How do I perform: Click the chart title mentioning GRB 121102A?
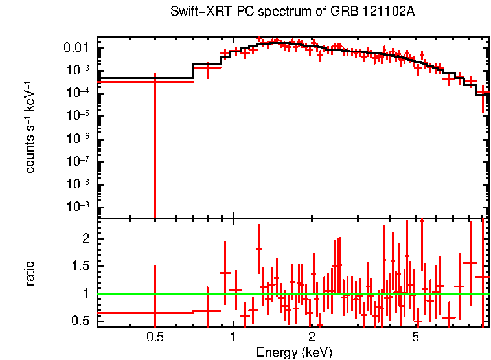click(292, 12)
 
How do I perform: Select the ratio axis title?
click(30, 273)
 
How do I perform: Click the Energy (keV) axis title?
click(294, 352)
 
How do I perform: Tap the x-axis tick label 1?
click(233, 337)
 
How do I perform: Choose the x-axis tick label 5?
click(416, 337)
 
